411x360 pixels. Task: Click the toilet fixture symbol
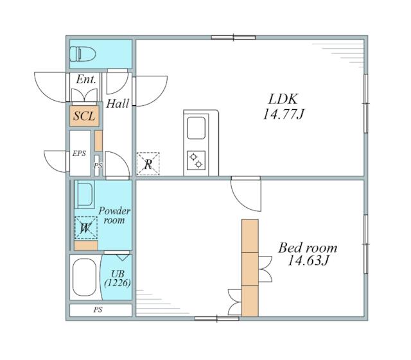pos(83,54)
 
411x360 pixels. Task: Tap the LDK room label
pos(283,99)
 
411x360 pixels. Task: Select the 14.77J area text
pos(283,114)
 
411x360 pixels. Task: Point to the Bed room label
pos(308,248)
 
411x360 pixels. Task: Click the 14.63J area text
pos(308,260)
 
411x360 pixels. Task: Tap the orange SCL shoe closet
pos(84,116)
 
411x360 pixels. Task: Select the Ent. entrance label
pos(86,80)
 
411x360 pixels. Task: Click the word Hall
pos(118,103)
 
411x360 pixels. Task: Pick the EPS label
pos(79,153)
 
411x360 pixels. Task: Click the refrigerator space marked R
pos(148,164)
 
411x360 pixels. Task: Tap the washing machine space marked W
pos(85,228)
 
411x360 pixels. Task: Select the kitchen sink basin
pos(196,128)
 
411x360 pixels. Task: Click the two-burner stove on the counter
pos(196,160)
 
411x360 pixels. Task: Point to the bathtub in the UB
pos(84,277)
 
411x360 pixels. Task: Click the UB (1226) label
pos(118,279)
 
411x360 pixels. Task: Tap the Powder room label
pos(114,216)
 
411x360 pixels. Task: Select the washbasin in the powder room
pos(84,194)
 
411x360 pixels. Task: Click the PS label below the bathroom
pos(98,310)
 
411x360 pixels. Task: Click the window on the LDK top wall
pos(233,37)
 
